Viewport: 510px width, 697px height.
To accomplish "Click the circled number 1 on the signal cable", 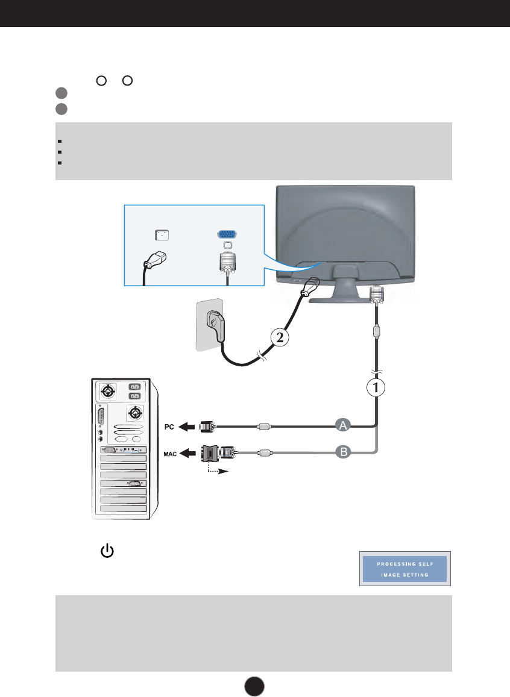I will point(377,388).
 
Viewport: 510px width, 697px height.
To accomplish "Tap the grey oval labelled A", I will point(343,426).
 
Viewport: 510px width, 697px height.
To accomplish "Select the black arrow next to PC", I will point(188,427).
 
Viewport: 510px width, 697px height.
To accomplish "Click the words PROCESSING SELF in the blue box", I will point(404,564).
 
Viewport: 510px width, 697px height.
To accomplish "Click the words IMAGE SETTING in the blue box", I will point(404,575).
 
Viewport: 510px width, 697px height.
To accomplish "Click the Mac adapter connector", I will point(215,454).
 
